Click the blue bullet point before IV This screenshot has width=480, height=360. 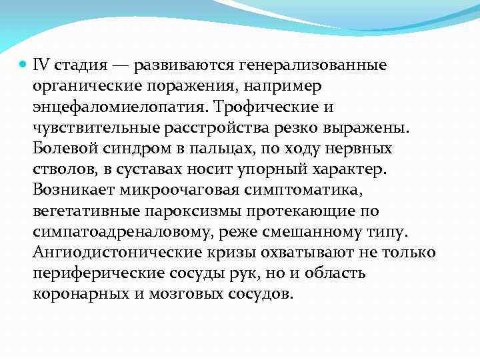[x=21, y=65]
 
